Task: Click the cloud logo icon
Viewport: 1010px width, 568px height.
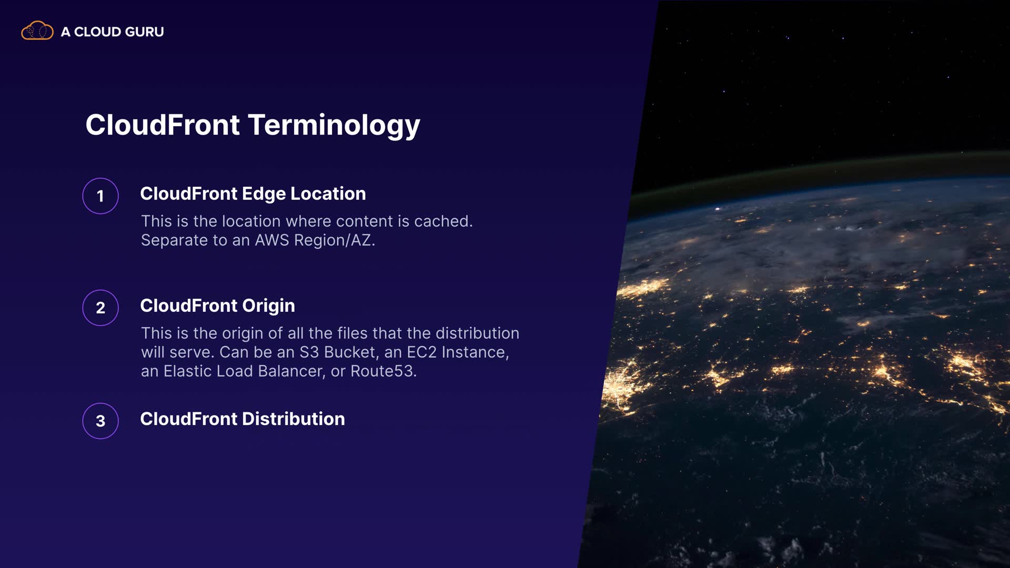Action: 37,31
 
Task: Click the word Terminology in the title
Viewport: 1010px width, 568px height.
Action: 334,126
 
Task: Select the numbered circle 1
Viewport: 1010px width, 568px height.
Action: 100,196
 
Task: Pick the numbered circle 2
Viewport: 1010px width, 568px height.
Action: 100,308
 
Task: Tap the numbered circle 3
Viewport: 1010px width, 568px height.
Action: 100,421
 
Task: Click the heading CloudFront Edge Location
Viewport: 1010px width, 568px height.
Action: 253,194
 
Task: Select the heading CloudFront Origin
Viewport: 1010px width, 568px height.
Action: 217,306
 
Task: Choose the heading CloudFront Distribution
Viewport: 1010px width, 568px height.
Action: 243,419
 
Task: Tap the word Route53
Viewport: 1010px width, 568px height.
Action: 383,371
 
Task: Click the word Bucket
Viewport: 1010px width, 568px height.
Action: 351,352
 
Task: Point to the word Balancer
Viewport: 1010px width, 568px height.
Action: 291,371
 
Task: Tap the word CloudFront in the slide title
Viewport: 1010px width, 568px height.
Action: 163,125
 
